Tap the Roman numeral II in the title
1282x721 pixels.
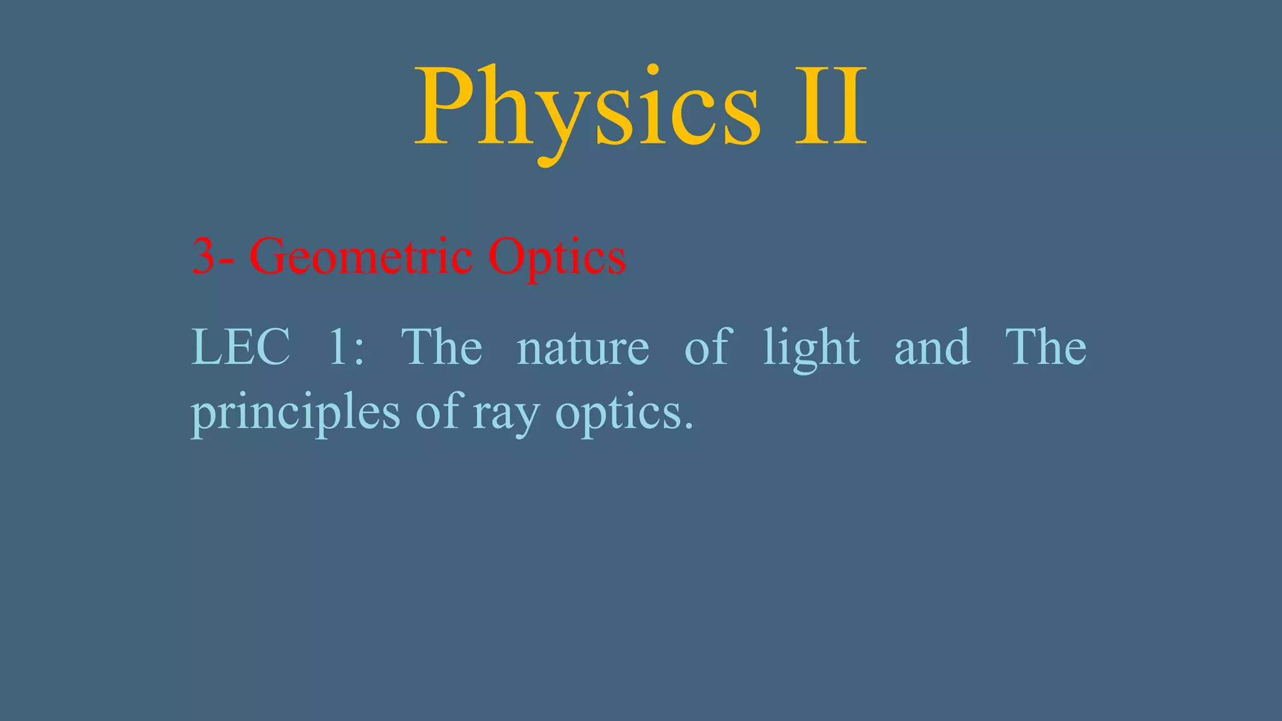tap(831, 108)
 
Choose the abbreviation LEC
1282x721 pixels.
tap(241, 347)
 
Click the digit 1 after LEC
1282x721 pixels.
tap(338, 347)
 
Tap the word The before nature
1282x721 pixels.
tap(441, 347)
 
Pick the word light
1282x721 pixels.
tap(811, 348)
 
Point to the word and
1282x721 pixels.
tap(932, 348)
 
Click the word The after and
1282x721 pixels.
tap(1045, 347)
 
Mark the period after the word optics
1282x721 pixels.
tap(689, 427)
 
